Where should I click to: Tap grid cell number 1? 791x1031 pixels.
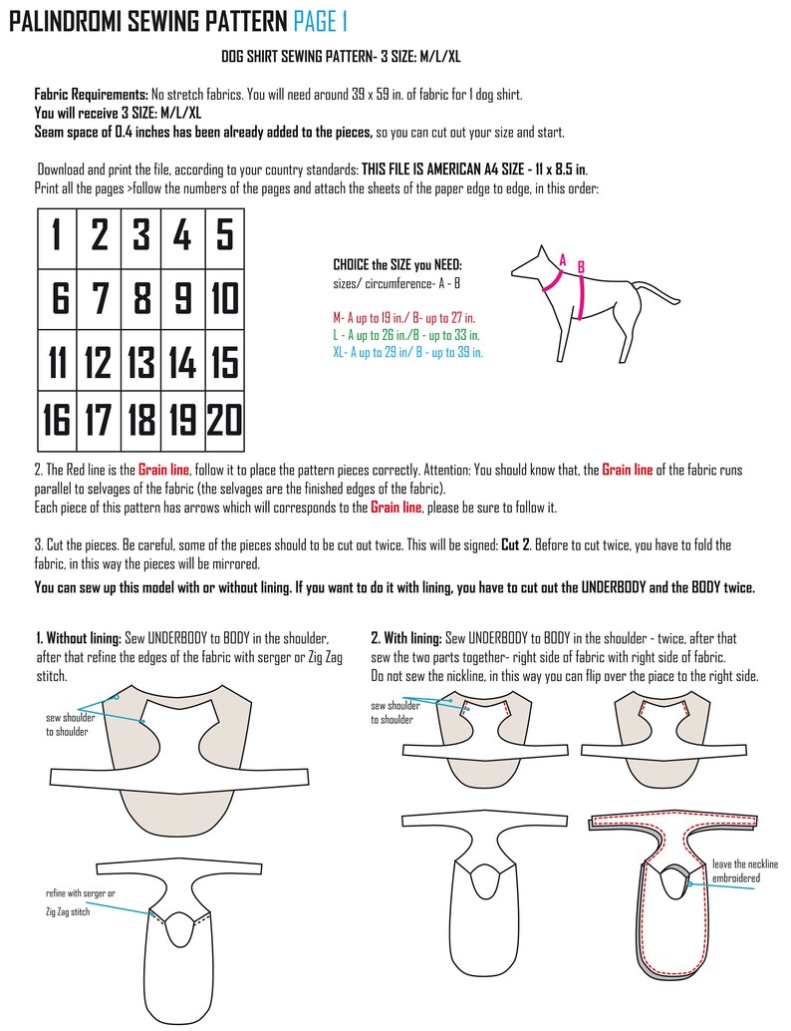(x=57, y=237)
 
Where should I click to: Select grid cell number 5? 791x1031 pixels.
(x=225, y=237)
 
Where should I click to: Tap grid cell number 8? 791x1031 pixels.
(x=140, y=299)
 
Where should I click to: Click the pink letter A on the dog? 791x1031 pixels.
(x=562, y=261)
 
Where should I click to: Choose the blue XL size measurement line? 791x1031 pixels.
(x=408, y=353)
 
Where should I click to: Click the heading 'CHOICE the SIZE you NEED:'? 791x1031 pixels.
(x=397, y=265)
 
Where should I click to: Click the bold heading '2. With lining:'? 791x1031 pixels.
(x=406, y=638)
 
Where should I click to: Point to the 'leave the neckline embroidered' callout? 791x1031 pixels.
(x=744, y=870)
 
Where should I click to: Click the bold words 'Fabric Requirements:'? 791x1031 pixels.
(x=92, y=95)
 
